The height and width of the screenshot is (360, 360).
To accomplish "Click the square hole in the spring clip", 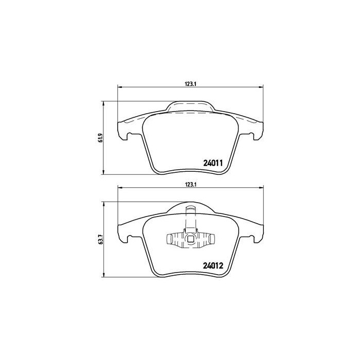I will pyautogui.click(x=190, y=238).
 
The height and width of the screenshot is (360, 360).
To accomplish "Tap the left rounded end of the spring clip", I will pyautogui.click(x=169, y=238).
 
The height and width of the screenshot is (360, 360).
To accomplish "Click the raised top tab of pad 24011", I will pyautogui.click(x=190, y=106).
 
